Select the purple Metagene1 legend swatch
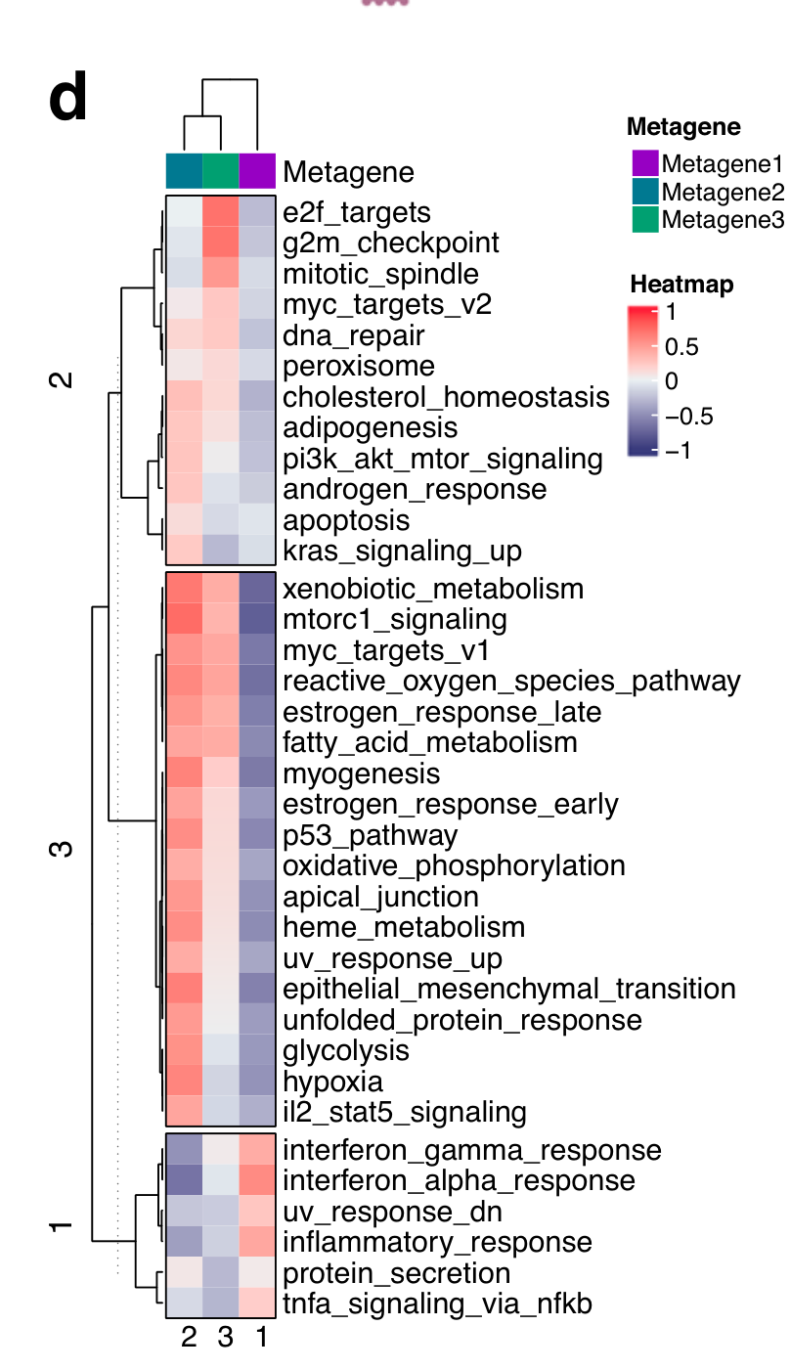(x=645, y=162)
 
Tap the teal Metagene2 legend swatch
(x=645, y=191)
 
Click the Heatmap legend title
(x=681, y=285)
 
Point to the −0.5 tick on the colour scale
(x=689, y=417)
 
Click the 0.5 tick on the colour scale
(x=680, y=347)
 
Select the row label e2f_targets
(x=357, y=212)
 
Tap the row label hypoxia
(x=332, y=1082)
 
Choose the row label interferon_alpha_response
(x=459, y=1180)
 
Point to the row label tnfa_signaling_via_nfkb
(x=437, y=1304)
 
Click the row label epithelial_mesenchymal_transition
(x=508, y=989)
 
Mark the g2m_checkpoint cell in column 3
(x=220, y=243)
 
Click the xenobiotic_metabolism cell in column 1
(x=257, y=589)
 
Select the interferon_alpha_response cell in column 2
(x=184, y=1180)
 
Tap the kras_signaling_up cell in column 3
(x=220, y=551)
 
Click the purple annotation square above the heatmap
(x=257, y=170)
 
